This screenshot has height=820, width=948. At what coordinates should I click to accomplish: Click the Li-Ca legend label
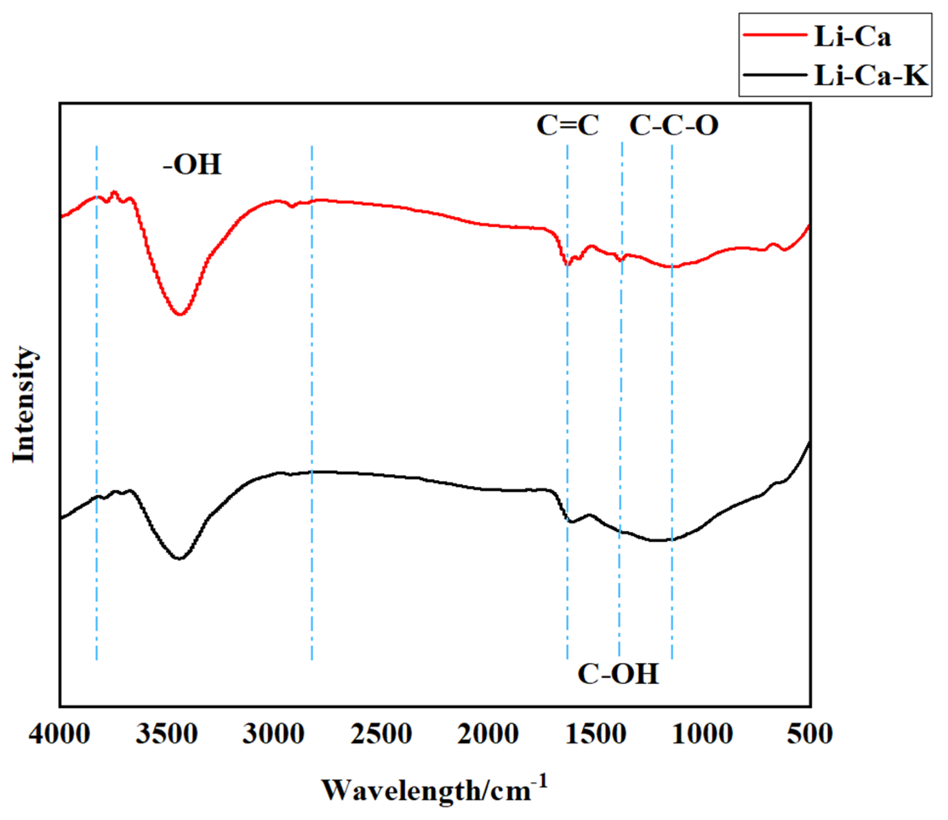(x=852, y=37)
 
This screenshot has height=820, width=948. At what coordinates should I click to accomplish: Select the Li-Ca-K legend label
(x=871, y=76)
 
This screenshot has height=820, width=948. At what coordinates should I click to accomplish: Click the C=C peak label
(x=568, y=125)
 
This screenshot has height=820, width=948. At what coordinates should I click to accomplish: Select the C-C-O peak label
(x=674, y=125)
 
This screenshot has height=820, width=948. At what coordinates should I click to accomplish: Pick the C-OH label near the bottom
(x=618, y=673)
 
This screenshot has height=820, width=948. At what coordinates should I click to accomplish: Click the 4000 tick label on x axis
(x=59, y=734)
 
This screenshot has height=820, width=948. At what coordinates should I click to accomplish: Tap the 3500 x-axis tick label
(x=167, y=734)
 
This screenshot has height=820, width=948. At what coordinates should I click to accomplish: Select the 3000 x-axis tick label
(x=273, y=734)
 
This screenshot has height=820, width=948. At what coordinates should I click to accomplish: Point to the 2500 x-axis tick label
(x=381, y=734)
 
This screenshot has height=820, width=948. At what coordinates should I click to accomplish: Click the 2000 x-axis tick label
(x=488, y=734)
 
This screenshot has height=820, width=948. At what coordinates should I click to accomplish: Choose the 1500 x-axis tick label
(x=596, y=734)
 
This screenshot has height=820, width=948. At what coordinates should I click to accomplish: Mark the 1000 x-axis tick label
(x=702, y=734)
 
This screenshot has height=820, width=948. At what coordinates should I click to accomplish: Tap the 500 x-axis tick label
(x=809, y=734)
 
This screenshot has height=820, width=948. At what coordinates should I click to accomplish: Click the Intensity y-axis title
(x=24, y=405)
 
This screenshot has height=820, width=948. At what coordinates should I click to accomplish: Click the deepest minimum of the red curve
(x=180, y=314)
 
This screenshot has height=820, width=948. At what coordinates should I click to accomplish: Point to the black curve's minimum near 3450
(x=180, y=559)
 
